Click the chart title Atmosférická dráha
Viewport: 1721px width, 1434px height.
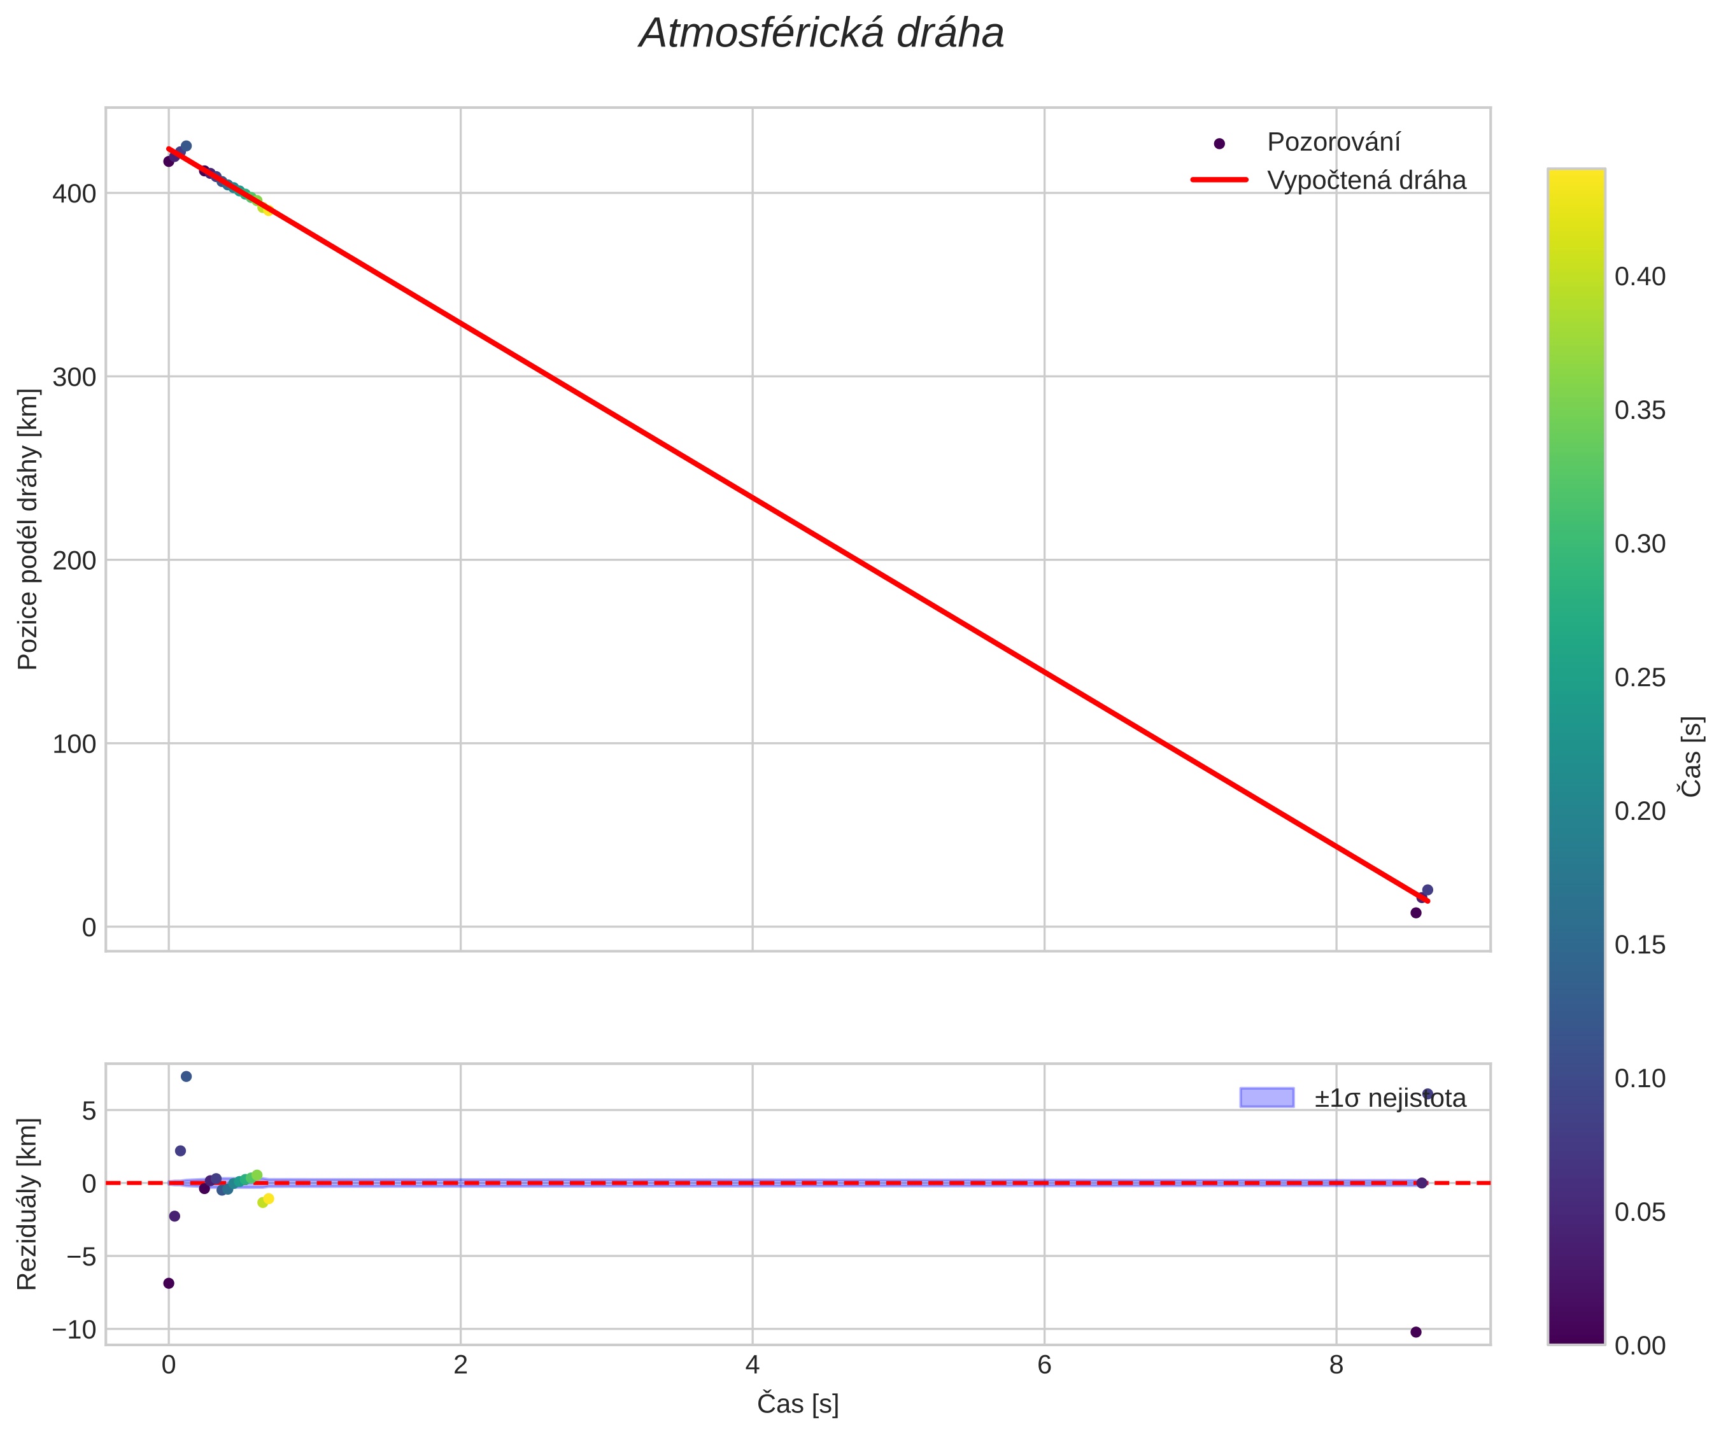click(x=821, y=34)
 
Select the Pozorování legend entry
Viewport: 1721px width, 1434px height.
click(x=1333, y=143)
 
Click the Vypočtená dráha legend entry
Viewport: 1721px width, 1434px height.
click(x=1366, y=180)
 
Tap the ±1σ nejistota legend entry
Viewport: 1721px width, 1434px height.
click(x=1390, y=1098)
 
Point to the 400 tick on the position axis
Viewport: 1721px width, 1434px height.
click(x=74, y=194)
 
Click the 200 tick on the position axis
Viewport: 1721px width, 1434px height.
click(x=74, y=561)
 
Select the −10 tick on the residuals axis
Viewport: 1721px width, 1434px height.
click(x=74, y=1329)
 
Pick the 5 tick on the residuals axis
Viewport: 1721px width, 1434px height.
click(x=88, y=1111)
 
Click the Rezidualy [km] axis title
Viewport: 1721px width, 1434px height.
click(x=28, y=1203)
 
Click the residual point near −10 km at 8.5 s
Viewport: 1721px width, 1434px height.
click(x=1416, y=1332)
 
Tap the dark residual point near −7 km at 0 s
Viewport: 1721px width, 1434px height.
click(x=169, y=1283)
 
